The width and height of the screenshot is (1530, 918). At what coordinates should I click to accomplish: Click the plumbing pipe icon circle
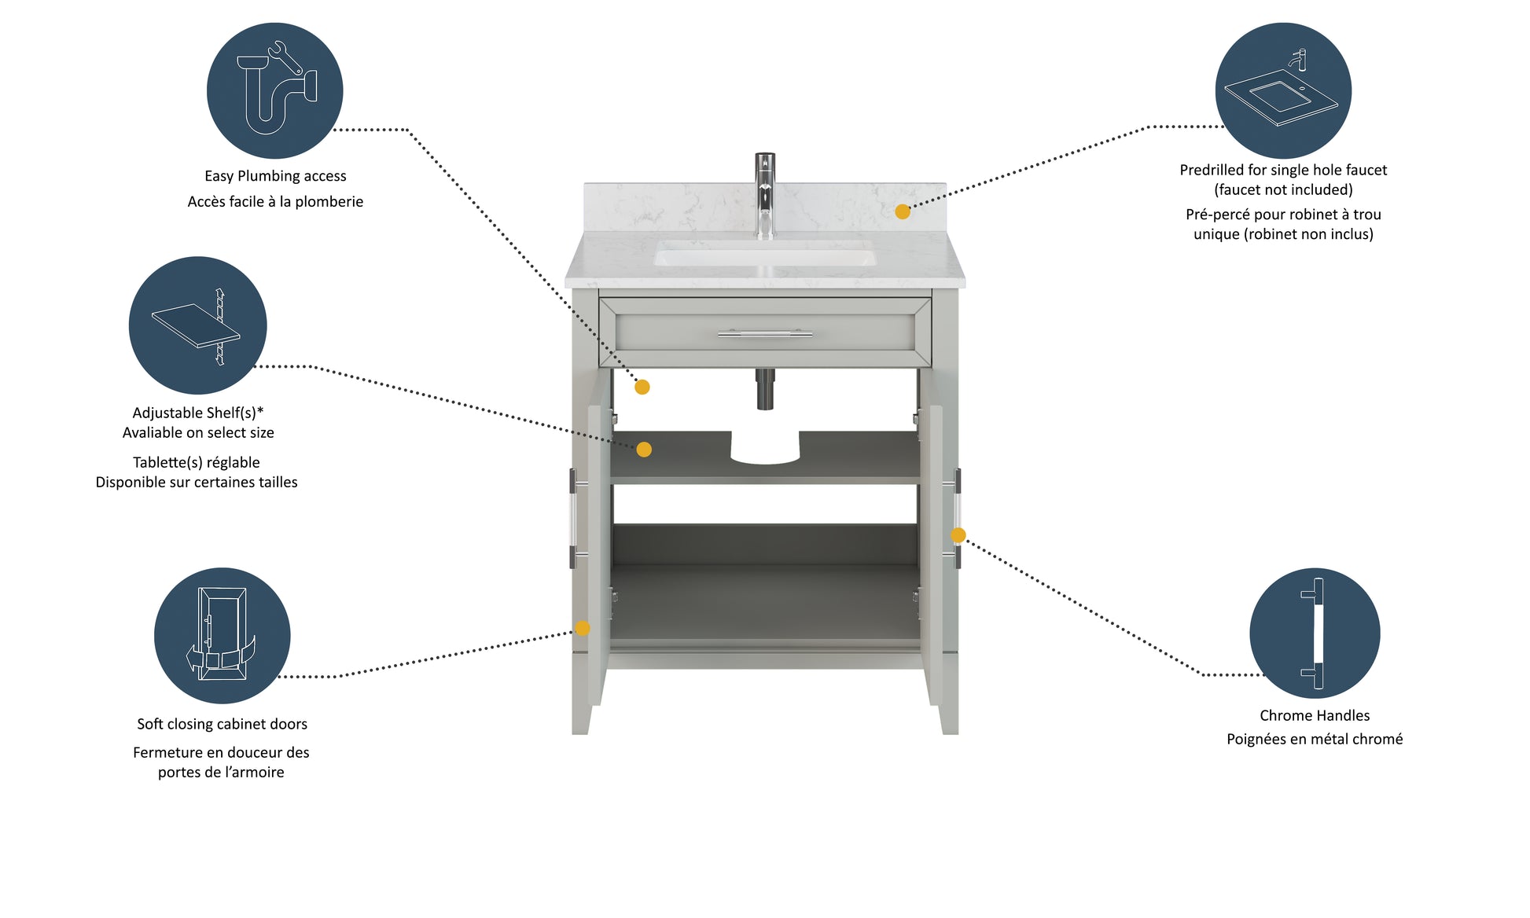click(x=274, y=90)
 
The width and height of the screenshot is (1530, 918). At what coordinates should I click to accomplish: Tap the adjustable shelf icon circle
click(x=198, y=325)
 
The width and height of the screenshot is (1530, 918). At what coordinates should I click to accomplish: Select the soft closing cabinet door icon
click(x=223, y=636)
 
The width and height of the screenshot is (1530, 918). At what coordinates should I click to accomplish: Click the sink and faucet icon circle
click(x=1283, y=90)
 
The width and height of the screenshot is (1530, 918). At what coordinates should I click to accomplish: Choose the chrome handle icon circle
click(x=1315, y=633)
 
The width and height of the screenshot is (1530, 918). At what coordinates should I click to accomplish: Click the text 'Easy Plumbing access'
click(x=275, y=176)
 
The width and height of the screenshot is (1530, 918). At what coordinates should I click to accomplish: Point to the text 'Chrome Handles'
click(x=1315, y=715)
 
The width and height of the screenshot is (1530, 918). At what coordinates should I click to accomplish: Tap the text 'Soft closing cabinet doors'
click(x=222, y=724)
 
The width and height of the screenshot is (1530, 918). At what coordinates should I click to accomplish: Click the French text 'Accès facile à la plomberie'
click(x=275, y=201)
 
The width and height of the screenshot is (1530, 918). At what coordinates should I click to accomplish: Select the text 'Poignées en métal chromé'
click(x=1315, y=739)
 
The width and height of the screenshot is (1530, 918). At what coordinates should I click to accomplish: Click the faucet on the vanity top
click(x=765, y=196)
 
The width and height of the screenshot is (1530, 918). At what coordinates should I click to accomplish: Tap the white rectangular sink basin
click(x=765, y=254)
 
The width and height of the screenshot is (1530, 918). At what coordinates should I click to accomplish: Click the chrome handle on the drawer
click(x=765, y=333)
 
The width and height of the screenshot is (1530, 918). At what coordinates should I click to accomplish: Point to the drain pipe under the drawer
click(x=765, y=389)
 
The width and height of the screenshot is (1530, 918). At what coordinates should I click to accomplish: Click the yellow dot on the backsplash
click(x=903, y=211)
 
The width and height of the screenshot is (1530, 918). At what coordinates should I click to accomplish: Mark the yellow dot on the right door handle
click(x=958, y=535)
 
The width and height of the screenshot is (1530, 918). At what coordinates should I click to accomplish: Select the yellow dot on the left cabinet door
click(x=583, y=628)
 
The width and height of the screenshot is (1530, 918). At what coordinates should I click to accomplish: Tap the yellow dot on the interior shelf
click(x=644, y=450)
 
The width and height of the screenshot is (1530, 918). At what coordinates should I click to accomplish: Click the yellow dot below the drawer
click(x=642, y=387)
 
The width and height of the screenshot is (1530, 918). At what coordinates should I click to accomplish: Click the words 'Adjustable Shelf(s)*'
click(x=198, y=413)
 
